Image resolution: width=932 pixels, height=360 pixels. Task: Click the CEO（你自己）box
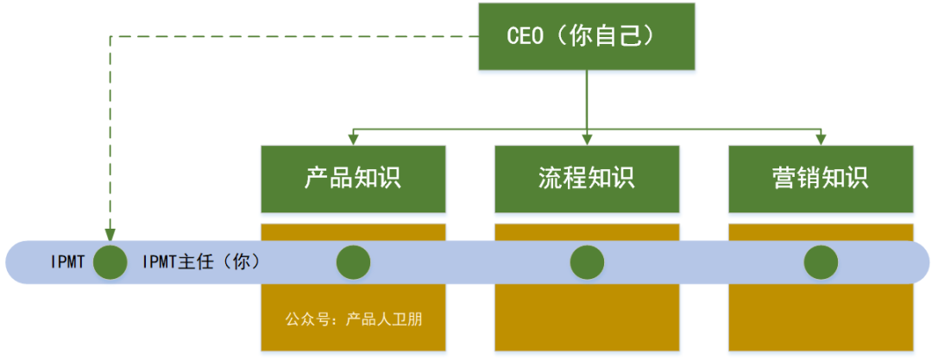(587, 36)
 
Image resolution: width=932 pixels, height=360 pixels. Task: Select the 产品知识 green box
(353, 179)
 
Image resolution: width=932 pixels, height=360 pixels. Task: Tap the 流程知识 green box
(587, 179)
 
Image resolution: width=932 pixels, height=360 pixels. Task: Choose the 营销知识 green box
(821, 179)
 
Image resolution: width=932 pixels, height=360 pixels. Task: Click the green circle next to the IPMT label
(110, 262)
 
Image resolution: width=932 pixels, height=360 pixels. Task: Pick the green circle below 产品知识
(353, 262)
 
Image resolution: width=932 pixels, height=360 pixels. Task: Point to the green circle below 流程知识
(587, 262)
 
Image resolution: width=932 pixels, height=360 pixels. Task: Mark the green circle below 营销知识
(821, 262)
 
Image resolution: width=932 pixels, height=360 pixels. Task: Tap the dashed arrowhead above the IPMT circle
(110, 234)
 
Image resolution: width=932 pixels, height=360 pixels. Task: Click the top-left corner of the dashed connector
(110, 36)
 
